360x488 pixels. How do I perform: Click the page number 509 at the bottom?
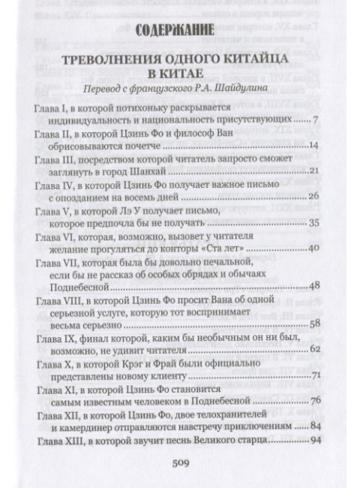[183, 462]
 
